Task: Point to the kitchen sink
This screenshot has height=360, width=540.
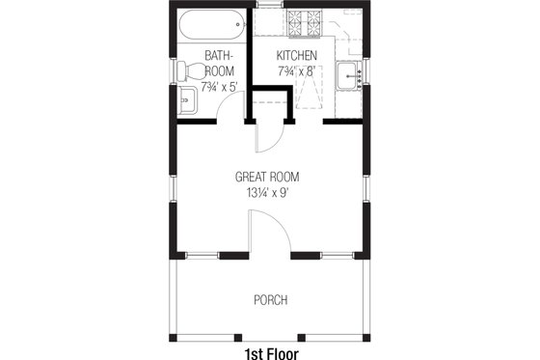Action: coord(349,73)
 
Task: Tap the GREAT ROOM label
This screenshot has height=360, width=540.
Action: coord(267,177)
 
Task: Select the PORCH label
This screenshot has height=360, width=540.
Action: coord(270,300)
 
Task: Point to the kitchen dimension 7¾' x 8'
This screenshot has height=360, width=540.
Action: coord(297,70)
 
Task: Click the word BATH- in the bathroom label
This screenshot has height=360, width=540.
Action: coord(218,55)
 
